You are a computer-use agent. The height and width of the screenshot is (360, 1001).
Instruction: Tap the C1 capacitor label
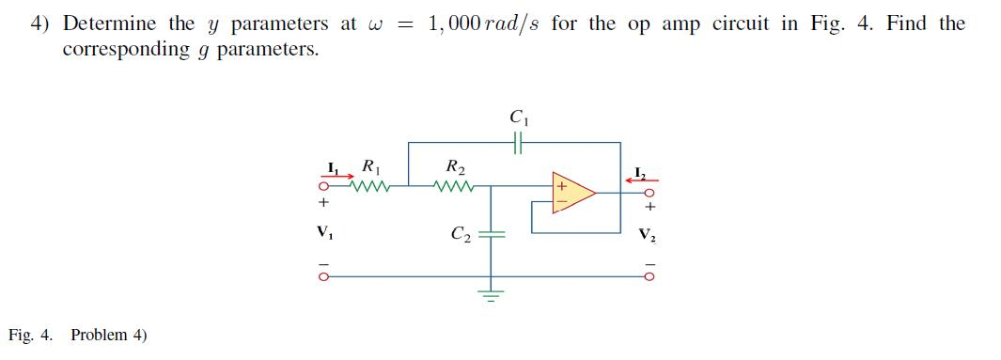click(517, 119)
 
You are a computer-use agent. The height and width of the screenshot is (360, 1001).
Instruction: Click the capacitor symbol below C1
click(517, 143)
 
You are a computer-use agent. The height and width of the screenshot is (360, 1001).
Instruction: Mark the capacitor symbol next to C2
click(491, 235)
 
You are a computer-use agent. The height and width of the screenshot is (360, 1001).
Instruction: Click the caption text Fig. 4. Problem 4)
click(78, 336)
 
